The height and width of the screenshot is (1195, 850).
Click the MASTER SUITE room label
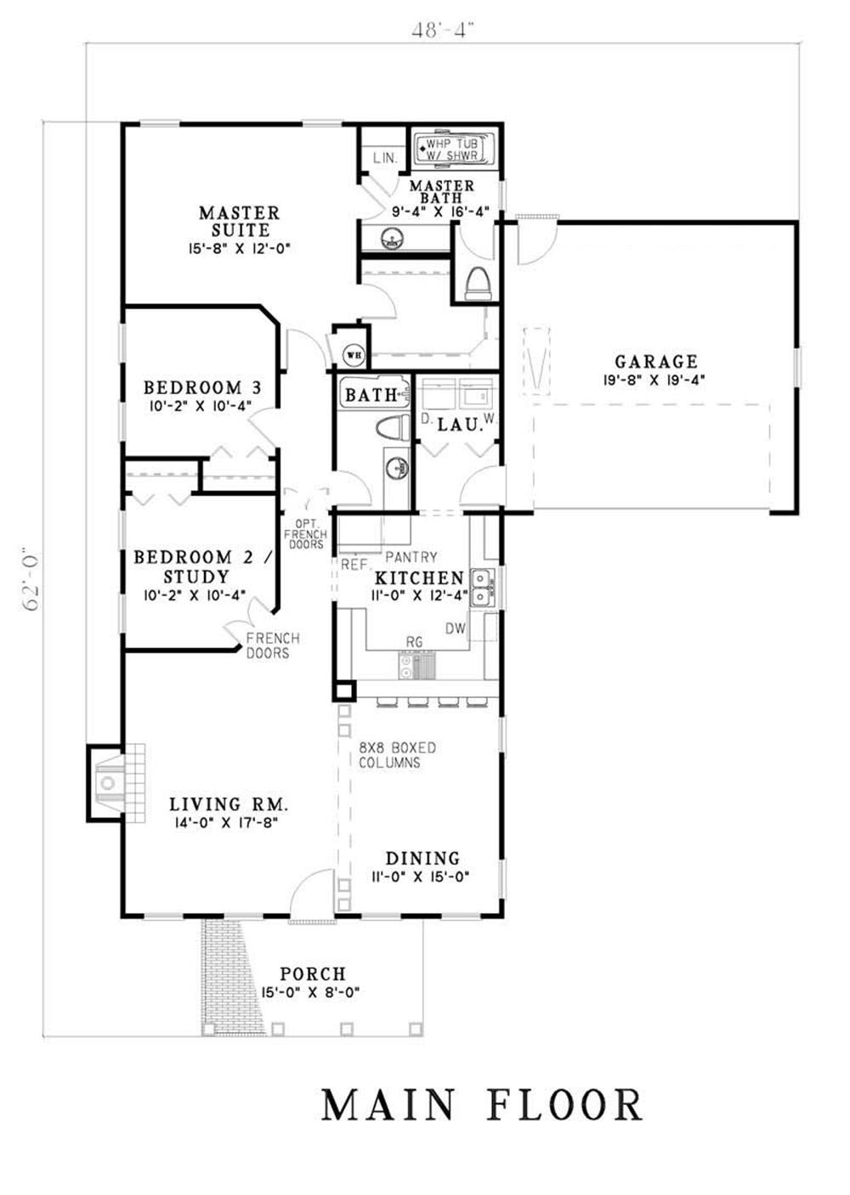coord(240,222)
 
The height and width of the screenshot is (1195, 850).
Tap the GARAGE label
coord(656,361)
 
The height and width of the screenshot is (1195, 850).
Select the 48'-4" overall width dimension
coord(443,31)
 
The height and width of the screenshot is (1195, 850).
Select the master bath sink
coord(394,237)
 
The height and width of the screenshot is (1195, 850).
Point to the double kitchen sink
coord(483,586)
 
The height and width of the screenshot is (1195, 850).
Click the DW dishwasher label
coord(456,629)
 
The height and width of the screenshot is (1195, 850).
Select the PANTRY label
coord(411,557)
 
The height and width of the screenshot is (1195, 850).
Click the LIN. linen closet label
coord(385,158)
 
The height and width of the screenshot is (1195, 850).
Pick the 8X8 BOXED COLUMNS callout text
coord(397,755)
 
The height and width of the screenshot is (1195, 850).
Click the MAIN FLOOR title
coord(482,1104)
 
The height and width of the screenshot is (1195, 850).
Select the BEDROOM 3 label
coord(202,386)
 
